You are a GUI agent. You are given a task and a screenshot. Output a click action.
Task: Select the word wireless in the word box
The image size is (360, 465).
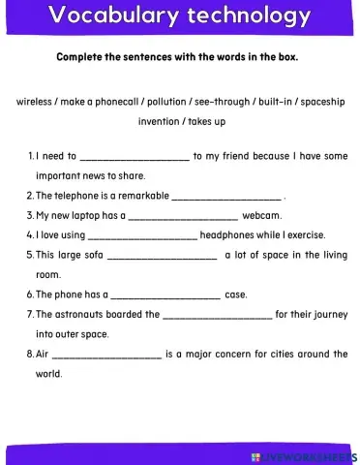[35, 102]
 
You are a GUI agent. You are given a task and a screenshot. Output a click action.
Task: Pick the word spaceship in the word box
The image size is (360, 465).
[319, 102]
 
